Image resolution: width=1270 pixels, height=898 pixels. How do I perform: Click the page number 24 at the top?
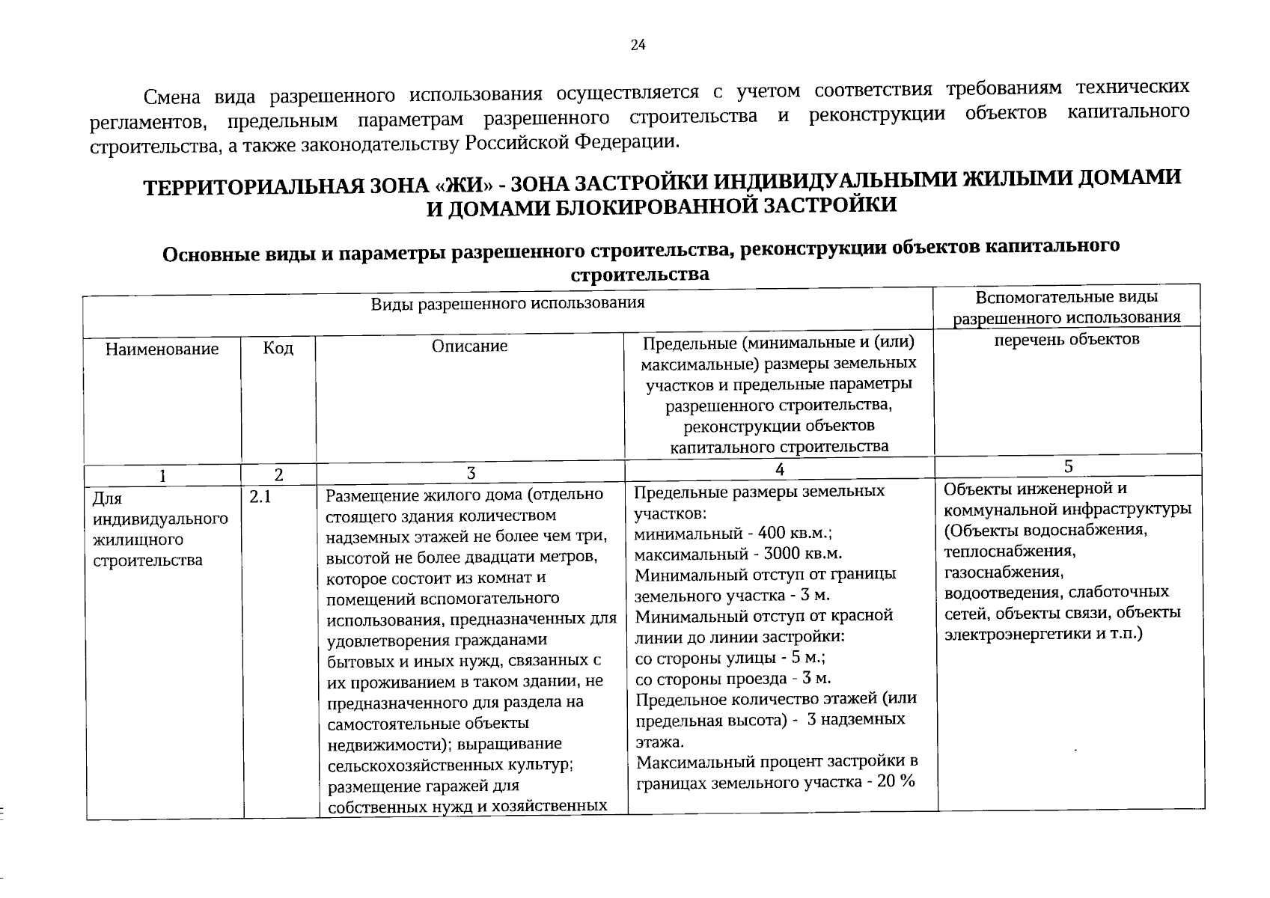pos(638,45)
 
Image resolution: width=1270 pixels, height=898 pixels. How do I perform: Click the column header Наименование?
pos(162,349)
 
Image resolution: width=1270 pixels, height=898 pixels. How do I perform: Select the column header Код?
pos(278,349)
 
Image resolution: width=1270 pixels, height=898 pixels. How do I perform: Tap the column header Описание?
pos(469,346)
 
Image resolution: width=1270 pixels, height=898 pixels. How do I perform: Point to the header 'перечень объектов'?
pos(1066,339)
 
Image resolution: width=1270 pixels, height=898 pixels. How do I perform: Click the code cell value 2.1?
pos(260,495)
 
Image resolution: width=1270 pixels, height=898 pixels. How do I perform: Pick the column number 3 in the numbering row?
pos(471,473)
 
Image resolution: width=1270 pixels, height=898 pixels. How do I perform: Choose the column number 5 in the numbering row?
pos(1068,466)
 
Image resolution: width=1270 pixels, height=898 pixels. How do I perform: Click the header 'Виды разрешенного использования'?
pos(507,303)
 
